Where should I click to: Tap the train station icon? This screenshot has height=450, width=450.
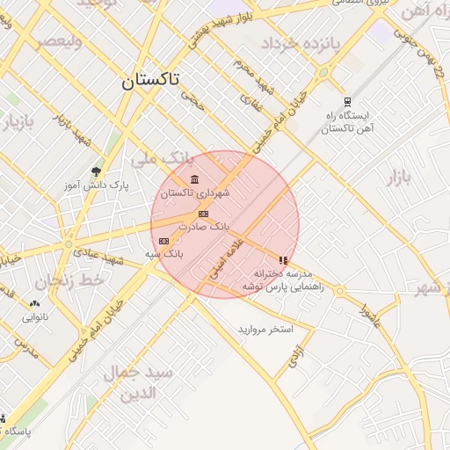pyautogui.click(x=347, y=102)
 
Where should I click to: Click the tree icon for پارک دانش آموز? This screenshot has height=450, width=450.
pyautogui.click(x=96, y=171)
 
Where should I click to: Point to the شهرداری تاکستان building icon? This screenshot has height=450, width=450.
pyautogui.click(x=194, y=180)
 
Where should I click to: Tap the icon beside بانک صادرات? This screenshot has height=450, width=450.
pyautogui.click(x=203, y=214)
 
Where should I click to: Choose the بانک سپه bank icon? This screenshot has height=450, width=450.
pyautogui.click(x=163, y=241)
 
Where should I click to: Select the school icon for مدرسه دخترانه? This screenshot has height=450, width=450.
pyautogui.click(x=282, y=260)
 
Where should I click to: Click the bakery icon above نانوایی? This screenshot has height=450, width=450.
pyautogui.click(x=33, y=303)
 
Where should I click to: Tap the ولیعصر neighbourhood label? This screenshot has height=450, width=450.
pyautogui.click(x=59, y=41)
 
